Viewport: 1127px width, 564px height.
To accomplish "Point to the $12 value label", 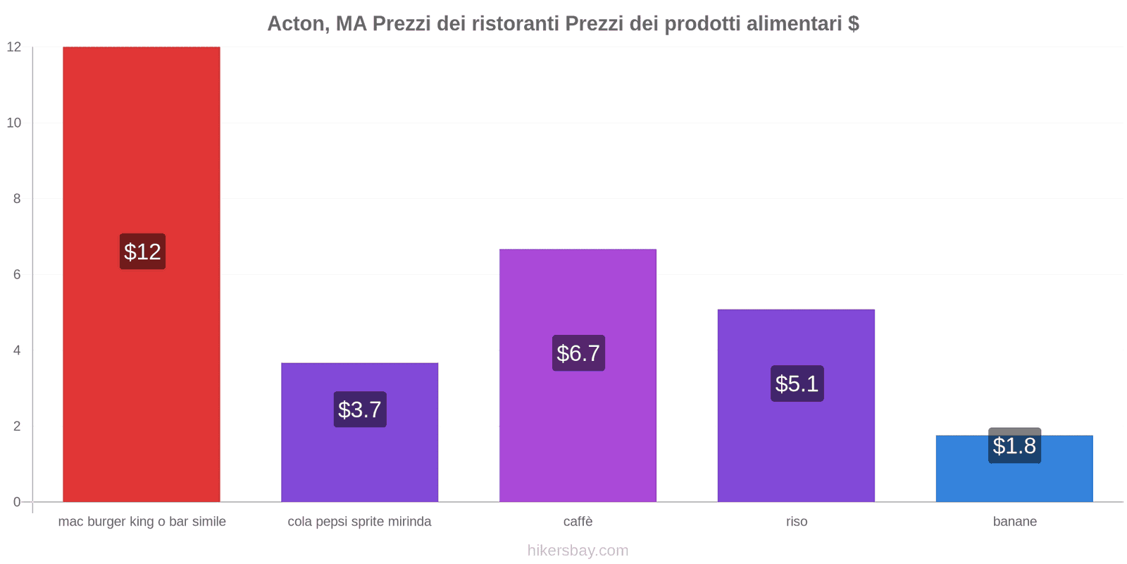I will (142, 252).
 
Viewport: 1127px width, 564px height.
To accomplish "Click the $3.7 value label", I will (360, 410).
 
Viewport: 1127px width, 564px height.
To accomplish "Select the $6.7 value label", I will (578, 353).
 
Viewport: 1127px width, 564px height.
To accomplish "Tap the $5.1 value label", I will (797, 384).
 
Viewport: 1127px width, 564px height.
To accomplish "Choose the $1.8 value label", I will (1014, 446).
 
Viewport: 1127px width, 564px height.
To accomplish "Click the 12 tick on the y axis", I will (14, 47).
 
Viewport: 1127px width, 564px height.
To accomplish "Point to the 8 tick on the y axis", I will (17, 199).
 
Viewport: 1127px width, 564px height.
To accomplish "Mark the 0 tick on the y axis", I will (17, 502).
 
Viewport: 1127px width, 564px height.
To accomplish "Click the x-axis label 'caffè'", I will (578, 522).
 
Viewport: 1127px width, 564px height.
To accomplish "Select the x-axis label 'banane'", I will (1014, 522).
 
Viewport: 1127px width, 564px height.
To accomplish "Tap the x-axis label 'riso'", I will (797, 522).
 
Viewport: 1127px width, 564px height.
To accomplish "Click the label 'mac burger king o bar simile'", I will (142, 522).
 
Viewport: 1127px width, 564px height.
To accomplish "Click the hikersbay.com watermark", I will (578, 551).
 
